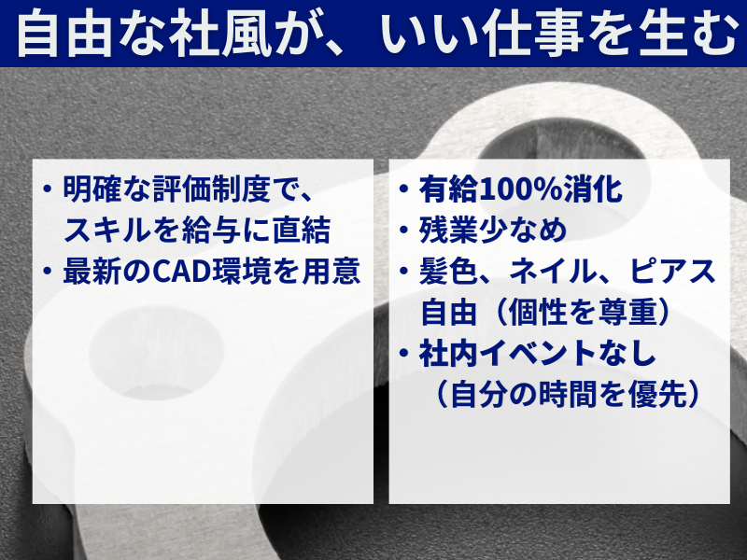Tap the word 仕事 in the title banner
click(532, 34)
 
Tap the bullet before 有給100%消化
click(404, 189)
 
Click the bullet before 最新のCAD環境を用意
click(48, 272)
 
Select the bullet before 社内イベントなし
click(404, 354)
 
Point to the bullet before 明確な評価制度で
click(48, 189)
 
